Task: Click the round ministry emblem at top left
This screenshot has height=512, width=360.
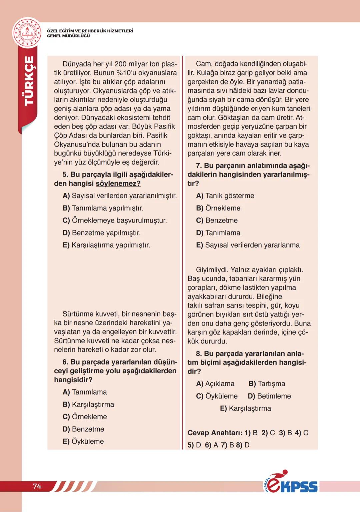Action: coord(27,33)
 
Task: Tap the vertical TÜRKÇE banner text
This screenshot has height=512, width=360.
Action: coord(29,81)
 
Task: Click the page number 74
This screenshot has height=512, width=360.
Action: coord(37,486)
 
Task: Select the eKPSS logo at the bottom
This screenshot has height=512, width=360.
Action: coord(290,482)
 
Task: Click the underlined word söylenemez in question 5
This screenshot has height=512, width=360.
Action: coord(118,183)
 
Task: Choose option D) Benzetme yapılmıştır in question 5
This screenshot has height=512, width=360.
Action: coord(101,233)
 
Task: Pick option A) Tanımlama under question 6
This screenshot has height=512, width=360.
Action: coord(85,392)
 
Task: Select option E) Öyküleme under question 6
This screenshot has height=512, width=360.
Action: coord(83,442)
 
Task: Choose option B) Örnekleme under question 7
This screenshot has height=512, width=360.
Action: coord(218,208)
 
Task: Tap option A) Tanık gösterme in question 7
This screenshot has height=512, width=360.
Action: coord(225,196)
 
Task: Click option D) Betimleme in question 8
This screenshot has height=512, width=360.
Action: coord(269,396)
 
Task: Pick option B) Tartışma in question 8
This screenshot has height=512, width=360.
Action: coord(267,384)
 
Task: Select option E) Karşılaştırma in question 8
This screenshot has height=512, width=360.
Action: coord(245,409)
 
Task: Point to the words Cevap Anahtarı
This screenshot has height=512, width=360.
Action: coord(215,433)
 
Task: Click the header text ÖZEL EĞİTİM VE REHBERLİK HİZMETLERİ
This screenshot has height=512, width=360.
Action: coord(90,31)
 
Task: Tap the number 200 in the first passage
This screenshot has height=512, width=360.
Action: coord(122,64)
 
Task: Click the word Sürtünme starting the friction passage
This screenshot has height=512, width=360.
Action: coord(79,314)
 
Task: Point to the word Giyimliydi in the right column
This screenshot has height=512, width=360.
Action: coord(212,270)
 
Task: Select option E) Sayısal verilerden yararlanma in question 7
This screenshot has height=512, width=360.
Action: coord(248,245)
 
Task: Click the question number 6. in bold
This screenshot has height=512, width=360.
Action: coord(65,362)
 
